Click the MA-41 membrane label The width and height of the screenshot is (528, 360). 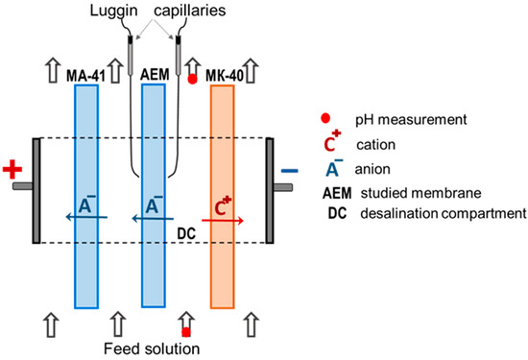[85, 76]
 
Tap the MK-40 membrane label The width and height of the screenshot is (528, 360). [225, 76]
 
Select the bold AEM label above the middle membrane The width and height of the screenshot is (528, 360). [155, 75]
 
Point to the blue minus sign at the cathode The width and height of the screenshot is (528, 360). [290, 171]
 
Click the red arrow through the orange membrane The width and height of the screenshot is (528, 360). [223, 221]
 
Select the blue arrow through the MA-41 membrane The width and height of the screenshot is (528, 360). [86, 217]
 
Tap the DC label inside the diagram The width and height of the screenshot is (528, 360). [186, 233]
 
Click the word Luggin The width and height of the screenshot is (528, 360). [113, 11]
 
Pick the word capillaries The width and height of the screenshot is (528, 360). [190, 11]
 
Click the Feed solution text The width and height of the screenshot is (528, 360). [152, 348]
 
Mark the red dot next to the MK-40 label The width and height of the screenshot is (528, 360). [192, 79]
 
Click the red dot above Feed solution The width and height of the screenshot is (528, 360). [186, 332]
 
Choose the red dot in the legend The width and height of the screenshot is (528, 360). [325, 118]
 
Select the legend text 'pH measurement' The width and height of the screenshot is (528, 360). [411, 120]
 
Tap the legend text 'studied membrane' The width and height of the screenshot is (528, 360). [420, 193]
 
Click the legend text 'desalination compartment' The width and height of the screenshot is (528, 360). [444, 214]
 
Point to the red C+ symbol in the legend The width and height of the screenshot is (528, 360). [332, 141]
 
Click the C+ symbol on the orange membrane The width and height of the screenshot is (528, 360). [223, 205]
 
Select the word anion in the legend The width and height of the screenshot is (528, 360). [372, 169]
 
